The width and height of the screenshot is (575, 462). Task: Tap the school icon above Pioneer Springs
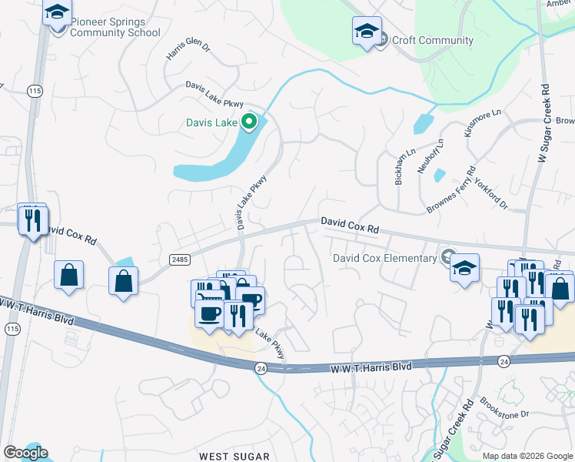[58, 13]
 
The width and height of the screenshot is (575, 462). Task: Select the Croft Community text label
[432, 40]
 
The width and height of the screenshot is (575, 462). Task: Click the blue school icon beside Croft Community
[367, 32]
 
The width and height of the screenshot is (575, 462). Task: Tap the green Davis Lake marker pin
[248, 122]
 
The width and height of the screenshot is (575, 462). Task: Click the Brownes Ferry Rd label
[452, 191]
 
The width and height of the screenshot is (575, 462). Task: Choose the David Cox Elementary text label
[384, 258]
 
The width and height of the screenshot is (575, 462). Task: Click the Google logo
[25, 453]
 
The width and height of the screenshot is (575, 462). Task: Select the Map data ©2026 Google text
[527, 455]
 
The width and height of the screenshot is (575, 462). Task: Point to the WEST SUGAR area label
[234, 457]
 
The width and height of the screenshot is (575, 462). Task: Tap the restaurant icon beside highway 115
[32, 220]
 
